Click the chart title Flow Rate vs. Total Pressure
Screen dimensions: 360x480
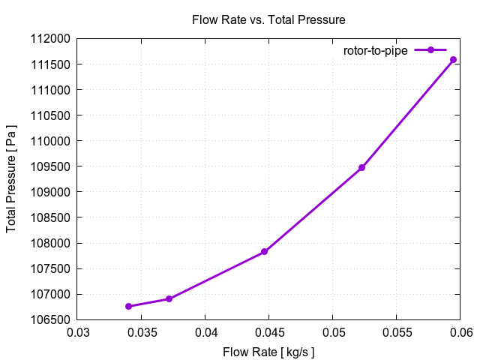pyautogui.click(x=268, y=19)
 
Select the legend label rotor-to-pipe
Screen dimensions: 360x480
pyautogui.click(x=376, y=50)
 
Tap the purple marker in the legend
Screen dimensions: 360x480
pyautogui.click(x=430, y=50)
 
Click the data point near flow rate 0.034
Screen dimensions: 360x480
pyautogui.click(x=129, y=306)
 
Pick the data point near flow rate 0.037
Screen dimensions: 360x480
pyautogui.click(x=169, y=298)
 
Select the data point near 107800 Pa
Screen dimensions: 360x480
pyautogui.click(x=265, y=252)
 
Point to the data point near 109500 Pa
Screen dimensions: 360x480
pyautogui.click(x=361, y=167)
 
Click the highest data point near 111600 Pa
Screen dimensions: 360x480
pyautogui.click(x=453, y=59)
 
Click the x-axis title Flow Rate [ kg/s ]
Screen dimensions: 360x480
pyautogui.click(x=268, y=352)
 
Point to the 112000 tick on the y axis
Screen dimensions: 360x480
pyautogui.click(x=50, y=39)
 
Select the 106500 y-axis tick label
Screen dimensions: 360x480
pyautogui.click(x=50, y=320)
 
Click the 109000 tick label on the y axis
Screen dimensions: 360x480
pyautogui.click(x=50, y=192)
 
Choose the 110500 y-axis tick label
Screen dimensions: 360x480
pyautogui.click(x=50, y=115)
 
